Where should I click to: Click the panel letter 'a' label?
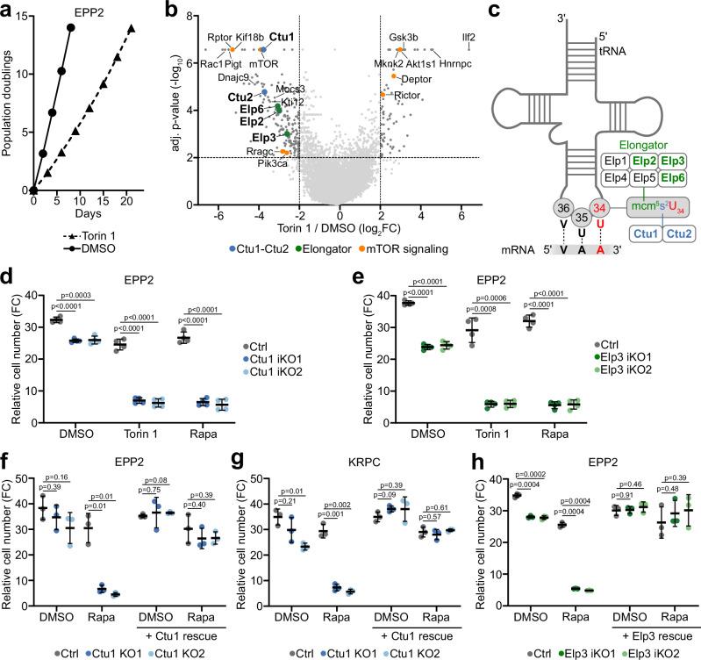pos(8,8)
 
